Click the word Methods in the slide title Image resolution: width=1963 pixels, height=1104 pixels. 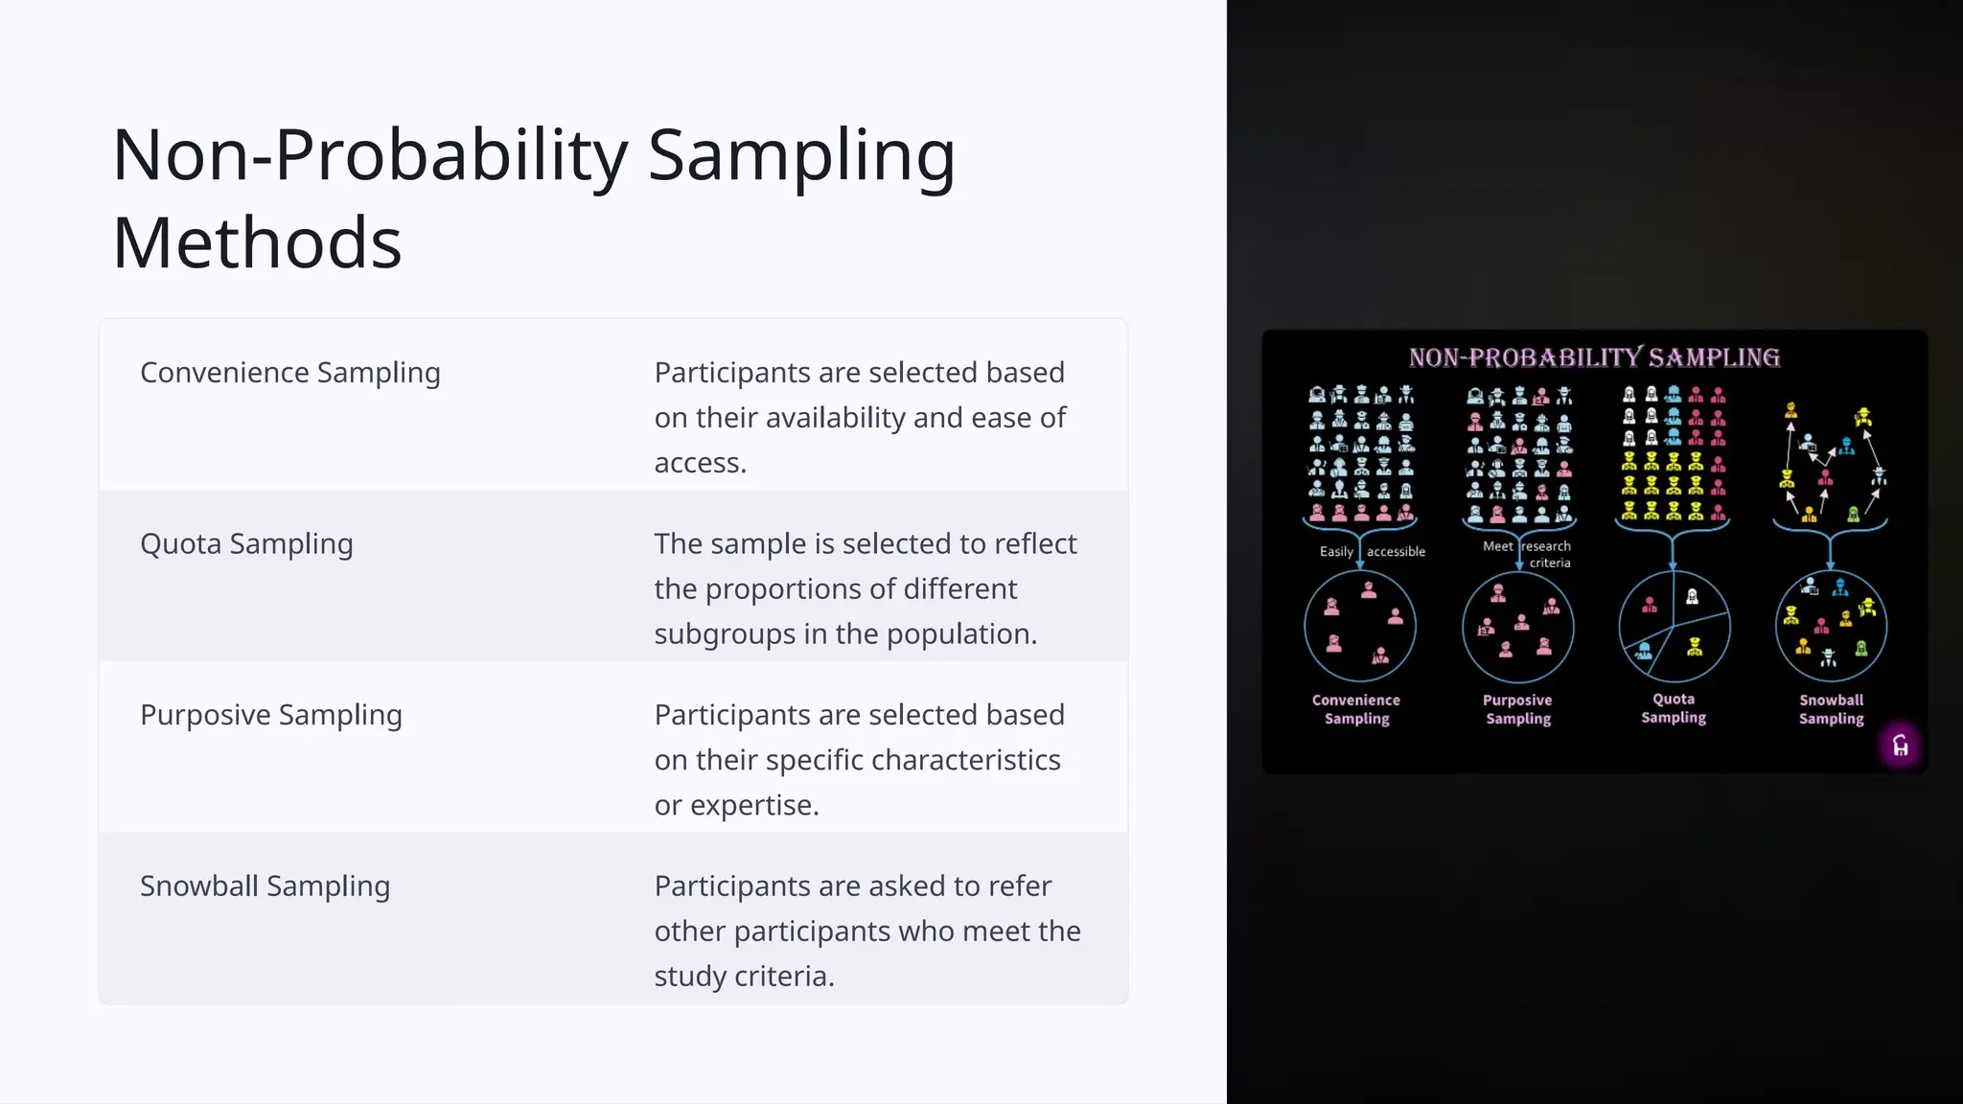pyautogui.click(x=257, y=243)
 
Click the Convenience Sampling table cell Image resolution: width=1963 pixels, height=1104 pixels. pyautogui.click(x=289, y=373)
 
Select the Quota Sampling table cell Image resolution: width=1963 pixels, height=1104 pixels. pyautogui.click(x=246, y=544)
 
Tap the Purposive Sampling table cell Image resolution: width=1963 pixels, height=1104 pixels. pyautogui.click(x=270, y=715)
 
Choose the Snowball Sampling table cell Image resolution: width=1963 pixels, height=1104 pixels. pyautogui.click(x=265, y=886)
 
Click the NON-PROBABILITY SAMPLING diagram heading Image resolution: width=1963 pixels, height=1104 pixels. pyautogui.click(x=1594, y=358)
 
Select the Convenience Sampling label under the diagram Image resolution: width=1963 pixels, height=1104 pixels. pyautogui.click(x=1356, y=709)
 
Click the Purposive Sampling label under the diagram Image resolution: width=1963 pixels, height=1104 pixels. pyautogui.click(x=1517, y=709)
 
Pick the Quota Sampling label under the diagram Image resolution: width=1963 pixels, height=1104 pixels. pyautogui.click(x=1674, y=708)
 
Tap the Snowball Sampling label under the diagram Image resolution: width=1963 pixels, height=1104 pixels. pyautogui.click(x=1831, y=709)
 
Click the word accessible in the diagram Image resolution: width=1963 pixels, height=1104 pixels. pyautogui.click(x=1396, y=552)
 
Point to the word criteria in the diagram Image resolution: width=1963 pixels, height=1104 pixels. pyautogui.click(x=1550, y=563)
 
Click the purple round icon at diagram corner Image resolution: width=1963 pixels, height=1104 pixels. pyautogui.click(x=1900, y=746)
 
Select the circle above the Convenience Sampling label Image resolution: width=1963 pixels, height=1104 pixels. pyautogui.click(x=1359, y=627)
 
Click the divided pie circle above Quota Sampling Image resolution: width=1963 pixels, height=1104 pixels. pyautogui.click(x=1674, y=627)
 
